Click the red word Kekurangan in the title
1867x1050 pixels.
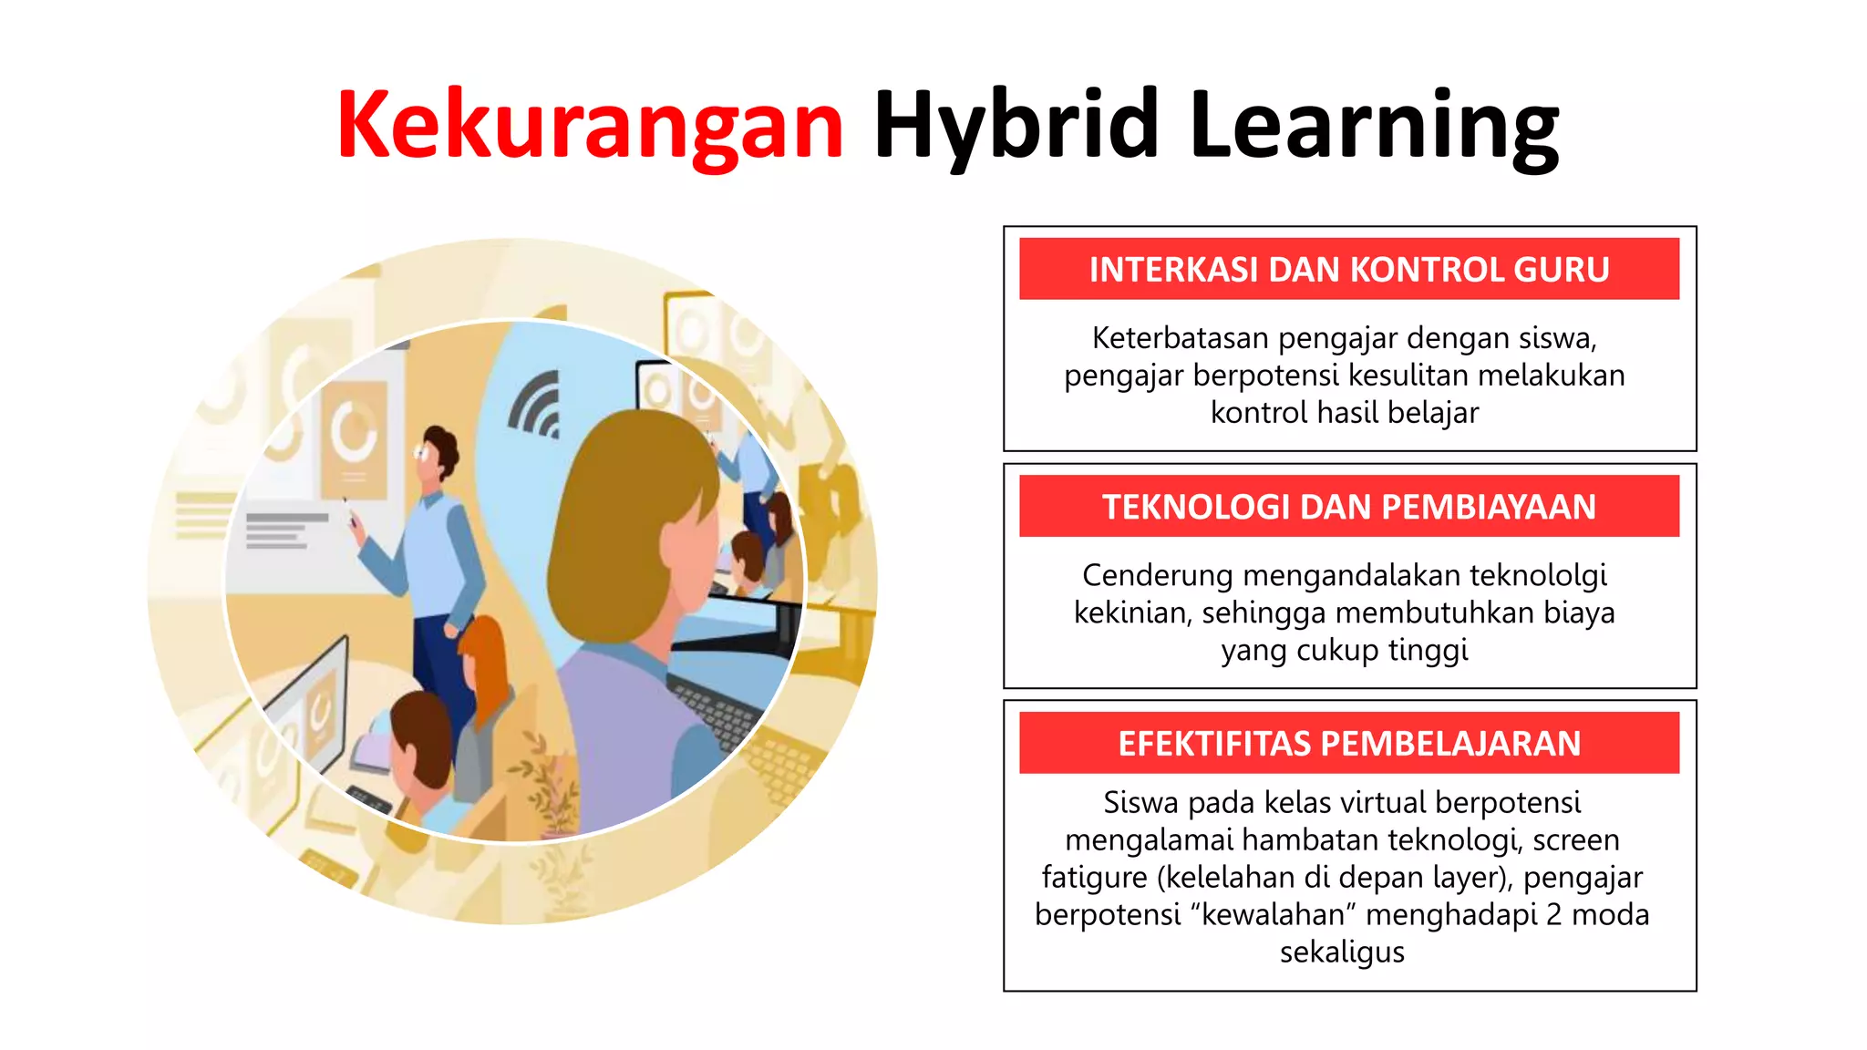tap(591, 126)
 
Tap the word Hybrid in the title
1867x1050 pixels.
tap(1016, 126)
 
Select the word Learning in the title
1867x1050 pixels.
tap(1374, 126)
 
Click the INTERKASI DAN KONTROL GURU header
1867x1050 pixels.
tap(1349, 270)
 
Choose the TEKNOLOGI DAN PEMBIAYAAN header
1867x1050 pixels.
tap(1349, 507)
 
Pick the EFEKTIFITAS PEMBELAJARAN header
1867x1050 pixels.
tap(1349, 744)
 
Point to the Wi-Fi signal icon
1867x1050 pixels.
tap(538, 406)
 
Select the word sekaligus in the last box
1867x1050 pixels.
tap(1342, 952)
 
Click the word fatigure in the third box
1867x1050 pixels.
tap(1095, 877)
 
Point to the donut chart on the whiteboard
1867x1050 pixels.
tap(354, 432)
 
